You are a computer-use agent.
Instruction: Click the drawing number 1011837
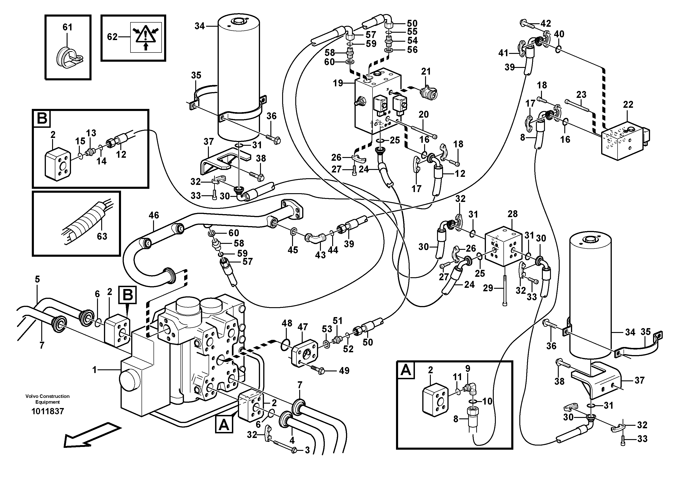47,411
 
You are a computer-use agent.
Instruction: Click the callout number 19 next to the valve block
338,83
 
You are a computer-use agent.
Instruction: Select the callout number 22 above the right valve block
628,105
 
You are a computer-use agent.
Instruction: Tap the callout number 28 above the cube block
512,214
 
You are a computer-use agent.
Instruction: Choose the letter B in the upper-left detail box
42,118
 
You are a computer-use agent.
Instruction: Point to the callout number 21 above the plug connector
426,72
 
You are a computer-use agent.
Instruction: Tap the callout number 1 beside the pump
95,370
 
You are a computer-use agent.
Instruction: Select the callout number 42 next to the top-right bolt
546,23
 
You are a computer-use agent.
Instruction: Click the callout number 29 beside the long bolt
488,288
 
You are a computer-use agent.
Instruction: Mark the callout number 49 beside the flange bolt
344,371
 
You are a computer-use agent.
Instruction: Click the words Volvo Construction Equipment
47,399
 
